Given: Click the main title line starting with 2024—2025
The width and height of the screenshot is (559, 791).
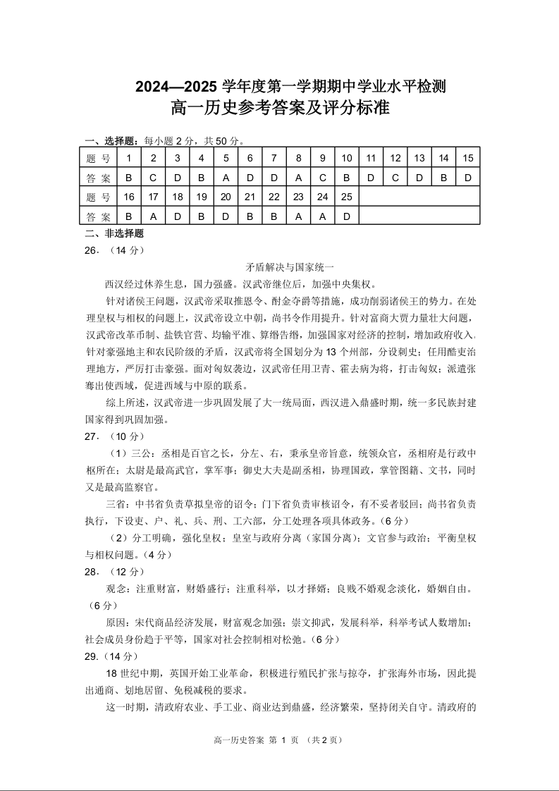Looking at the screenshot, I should click(279, 87).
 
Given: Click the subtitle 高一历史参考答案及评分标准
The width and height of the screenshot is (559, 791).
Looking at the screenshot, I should click(279, 109).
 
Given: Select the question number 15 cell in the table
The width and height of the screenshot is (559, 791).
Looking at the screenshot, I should click(467, 158).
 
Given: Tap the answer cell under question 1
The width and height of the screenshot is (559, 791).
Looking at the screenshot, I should click(129, 178).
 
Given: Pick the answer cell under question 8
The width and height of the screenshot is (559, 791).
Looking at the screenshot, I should click(299, 178).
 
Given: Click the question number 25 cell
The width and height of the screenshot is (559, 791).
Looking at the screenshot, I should click(346, 197).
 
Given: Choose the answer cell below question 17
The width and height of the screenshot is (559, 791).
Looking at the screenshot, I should click(154, 216).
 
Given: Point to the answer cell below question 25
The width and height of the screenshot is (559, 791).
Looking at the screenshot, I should click(346, 216).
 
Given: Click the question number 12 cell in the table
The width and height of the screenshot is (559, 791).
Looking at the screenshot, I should click(395, 158).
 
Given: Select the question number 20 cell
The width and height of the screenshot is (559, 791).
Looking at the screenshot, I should click(226, 197).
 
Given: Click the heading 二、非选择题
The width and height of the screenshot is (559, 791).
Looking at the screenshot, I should click(113, 233).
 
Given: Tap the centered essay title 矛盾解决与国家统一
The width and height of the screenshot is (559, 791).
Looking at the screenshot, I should click(279, 267).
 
